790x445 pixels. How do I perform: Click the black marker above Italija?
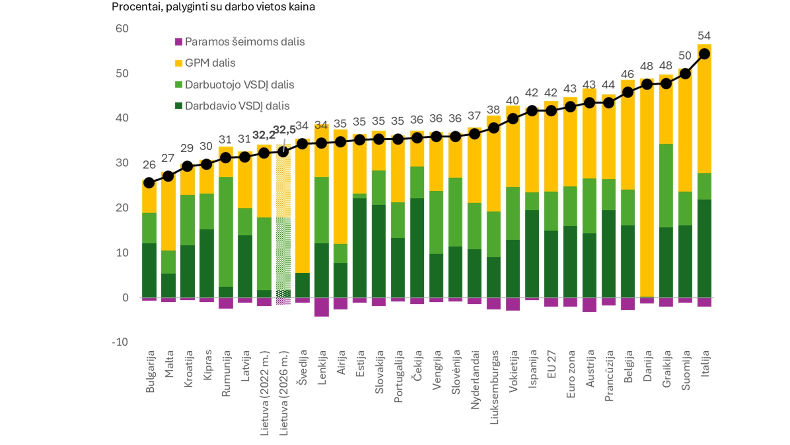pos(704,53)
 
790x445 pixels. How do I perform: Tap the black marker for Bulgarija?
pos(149,183)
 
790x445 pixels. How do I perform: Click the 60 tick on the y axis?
pos(122,28)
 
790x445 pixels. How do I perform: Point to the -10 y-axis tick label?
pos(120,342)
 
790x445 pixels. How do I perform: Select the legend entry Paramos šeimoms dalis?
pos(240,41)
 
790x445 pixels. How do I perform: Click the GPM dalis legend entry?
pos(205,63)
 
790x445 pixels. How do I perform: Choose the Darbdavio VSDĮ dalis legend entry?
pos(232,106)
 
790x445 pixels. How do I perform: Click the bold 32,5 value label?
pos(284,129)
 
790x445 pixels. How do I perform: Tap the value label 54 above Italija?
pos(704,35)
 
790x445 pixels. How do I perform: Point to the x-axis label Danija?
pos(647,366)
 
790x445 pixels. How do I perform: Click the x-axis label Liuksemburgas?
pos(494,387)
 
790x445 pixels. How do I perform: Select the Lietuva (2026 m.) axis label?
pos(283,393)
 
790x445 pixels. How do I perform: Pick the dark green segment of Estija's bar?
pos(360,247)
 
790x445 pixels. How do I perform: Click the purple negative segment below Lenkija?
pos(321,307)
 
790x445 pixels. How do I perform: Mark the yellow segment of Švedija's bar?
pos(302,205)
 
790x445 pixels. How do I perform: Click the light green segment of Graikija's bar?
pos(666,185)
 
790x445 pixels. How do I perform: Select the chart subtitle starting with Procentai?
pos(213,7)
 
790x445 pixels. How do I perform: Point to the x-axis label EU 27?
pos(551,364)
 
